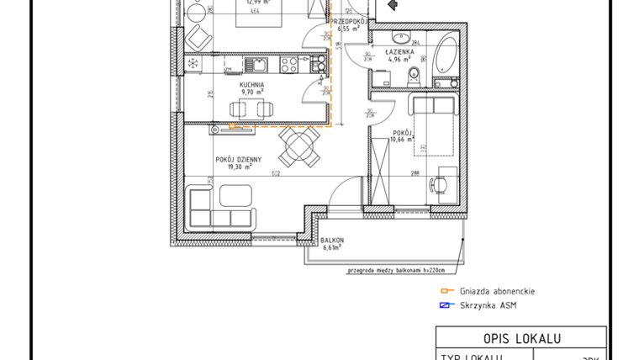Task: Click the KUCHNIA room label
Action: [x=251, y=85]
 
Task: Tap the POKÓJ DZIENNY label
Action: [x=239, y=158]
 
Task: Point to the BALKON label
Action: [x=332, y=241]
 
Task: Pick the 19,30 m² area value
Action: [x=240, y=167]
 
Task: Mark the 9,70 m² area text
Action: [x=251, y=93]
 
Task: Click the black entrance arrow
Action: [x=389, y=4]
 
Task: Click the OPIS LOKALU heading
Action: [x=521, y=338]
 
